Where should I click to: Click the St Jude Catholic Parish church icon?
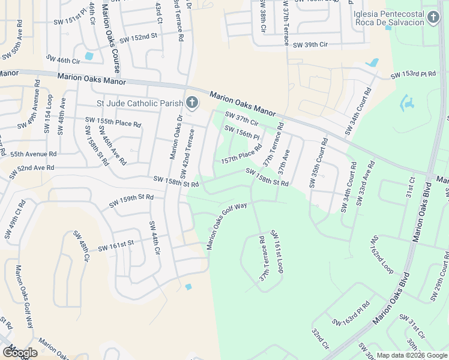click(x=191, y=103)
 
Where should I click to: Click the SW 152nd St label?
click(x=138, y=37)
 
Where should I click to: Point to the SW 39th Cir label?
click(x=310, y=44)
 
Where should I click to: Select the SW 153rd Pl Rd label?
click(x=413, y=75)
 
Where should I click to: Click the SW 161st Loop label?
click(x=276, y=252)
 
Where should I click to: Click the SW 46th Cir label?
click(x=63, y=61)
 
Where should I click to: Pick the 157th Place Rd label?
click(x=241, y=154)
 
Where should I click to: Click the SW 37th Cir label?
click(x=241, y=118)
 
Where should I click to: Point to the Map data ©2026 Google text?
click(x=411, y=355)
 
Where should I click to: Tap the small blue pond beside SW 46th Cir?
click(x=89, y=57)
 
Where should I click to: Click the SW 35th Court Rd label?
click(x=318, y=164)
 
